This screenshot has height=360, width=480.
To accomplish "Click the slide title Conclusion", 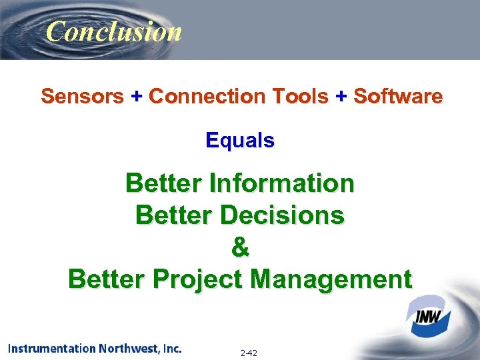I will [x=114, y=31].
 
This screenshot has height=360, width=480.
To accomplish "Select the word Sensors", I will [x=82, y=97].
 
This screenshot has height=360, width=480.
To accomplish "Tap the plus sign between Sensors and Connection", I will [x=136, y=97].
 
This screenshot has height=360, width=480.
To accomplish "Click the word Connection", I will [x=205, y=97].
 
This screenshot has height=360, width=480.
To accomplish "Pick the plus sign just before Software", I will [x=341, y=97].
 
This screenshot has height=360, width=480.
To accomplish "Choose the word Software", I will [x=397, y=97].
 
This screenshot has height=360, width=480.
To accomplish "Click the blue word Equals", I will [x=240, y=141].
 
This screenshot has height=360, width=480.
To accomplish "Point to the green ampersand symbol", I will [x=240, y=247].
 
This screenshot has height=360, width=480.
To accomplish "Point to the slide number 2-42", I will [x=249, y=352].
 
